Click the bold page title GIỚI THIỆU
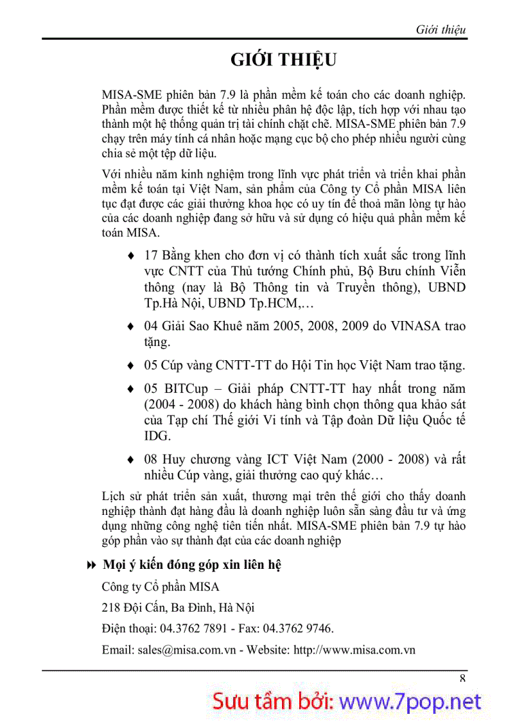tap(283, 60)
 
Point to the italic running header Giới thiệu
tap(441, 30)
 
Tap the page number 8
tap(462, 679)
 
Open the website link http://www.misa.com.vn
tap(354, 649)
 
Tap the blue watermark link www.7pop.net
tap(410, 701)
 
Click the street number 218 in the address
tap(111, 607)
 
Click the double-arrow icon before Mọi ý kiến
tap(91, 565)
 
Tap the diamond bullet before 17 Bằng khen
tap(132, 256)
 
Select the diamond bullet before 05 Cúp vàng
tap(132, 366)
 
